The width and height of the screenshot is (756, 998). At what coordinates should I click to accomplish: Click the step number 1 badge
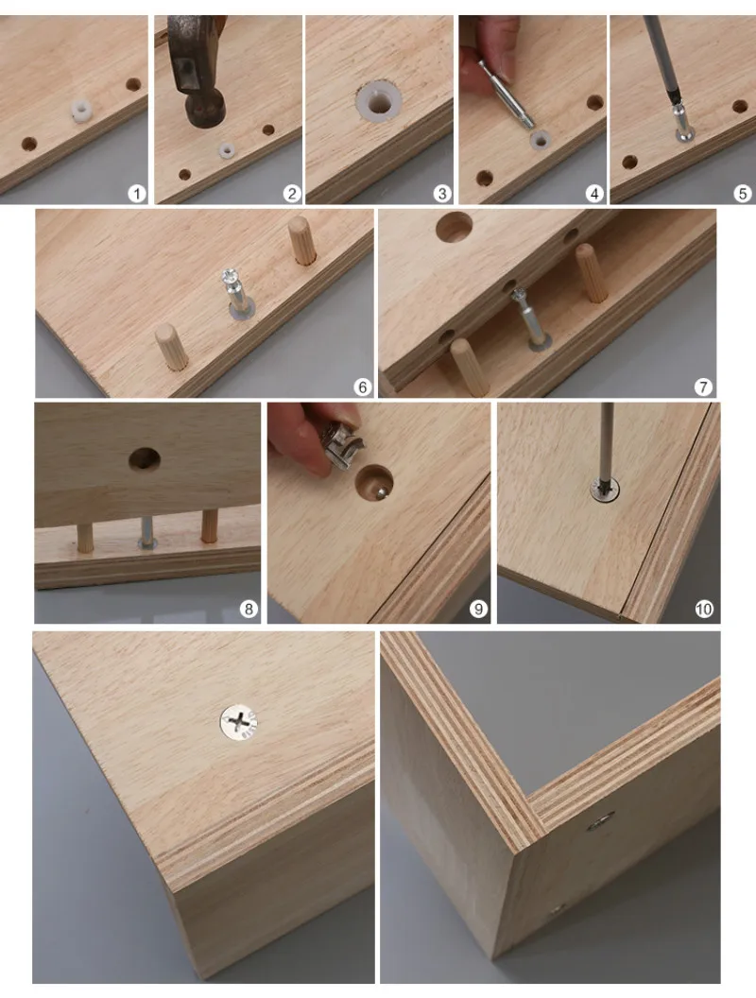136,193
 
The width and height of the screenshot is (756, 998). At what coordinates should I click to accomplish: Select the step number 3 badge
441,193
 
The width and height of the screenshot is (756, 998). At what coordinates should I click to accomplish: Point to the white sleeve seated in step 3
379,100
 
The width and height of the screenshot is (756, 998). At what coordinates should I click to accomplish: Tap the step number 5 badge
742,193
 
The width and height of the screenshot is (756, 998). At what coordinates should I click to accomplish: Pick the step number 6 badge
362,387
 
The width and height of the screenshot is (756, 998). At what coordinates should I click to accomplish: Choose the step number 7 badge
702,387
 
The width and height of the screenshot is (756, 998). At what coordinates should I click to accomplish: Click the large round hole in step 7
455,227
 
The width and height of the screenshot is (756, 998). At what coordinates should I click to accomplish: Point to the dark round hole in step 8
145,459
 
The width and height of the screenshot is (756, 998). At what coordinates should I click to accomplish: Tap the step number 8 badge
249,610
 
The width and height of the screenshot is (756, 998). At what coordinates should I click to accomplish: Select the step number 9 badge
478,610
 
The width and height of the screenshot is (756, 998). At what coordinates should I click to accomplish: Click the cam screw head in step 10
605,491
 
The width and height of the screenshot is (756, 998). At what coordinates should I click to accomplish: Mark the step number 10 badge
703,610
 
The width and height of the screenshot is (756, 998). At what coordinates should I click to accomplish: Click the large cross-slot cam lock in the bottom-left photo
239,724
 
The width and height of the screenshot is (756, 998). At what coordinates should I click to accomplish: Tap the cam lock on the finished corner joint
600,821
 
